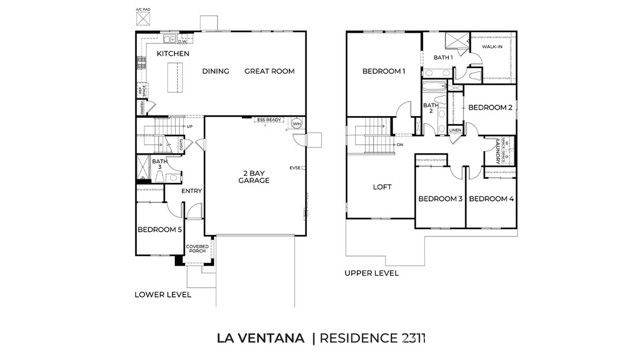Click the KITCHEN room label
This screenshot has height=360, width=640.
[174, 53]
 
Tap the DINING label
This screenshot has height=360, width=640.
[216, 72]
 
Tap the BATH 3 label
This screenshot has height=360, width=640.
[159, 164]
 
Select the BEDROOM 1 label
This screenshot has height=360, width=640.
[383, 72]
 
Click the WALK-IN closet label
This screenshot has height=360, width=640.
[493, 47]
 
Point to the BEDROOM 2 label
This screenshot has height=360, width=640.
[491, 107]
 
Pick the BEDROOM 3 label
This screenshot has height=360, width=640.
[439, 199]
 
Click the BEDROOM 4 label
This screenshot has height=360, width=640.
[491, 199]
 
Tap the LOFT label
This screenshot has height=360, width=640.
[383, 187]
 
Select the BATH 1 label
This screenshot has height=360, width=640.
[444, 58]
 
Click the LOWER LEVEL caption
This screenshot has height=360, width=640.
[162, 295]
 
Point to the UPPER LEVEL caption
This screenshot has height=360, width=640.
[371, 272]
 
